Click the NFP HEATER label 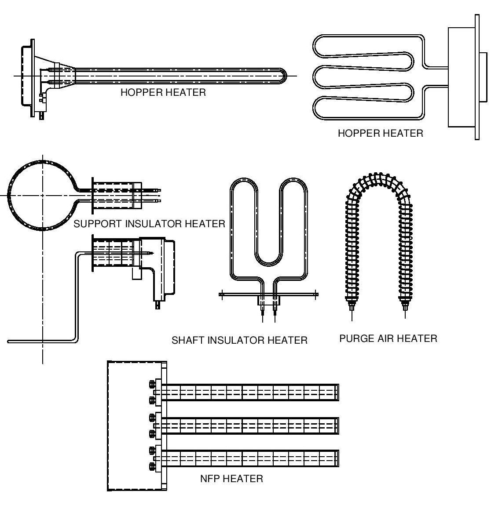[231, 479]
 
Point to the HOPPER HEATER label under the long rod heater [163, 92]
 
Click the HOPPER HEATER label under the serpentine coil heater [380, 133]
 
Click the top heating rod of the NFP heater [251, 392]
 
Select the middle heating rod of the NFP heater [251, 425]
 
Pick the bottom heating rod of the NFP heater [251, 458]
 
